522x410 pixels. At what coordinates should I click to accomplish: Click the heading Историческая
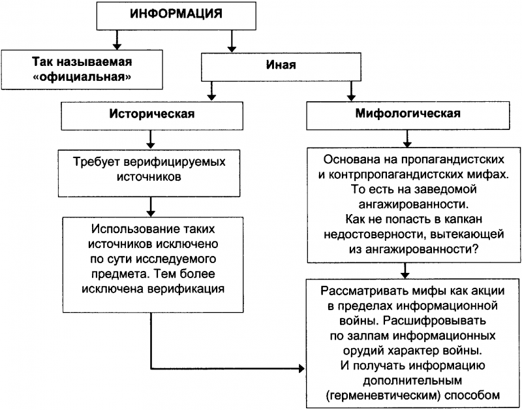point(151,114)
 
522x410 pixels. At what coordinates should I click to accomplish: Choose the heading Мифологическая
point(408,114)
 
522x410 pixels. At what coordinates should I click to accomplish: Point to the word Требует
point(100,161)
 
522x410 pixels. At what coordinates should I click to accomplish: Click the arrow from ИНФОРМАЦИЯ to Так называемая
point(117,40)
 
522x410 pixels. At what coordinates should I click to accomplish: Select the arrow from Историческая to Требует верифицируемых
point(151,138)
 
